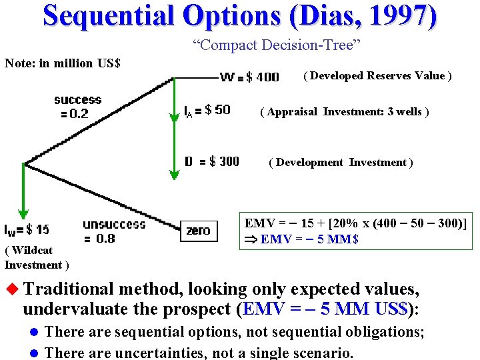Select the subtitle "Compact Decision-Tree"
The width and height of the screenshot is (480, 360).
click(x=277, y=45)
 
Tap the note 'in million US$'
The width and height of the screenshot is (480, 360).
click(x=62, y=63)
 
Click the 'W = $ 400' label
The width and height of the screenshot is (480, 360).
click(x=249, y=77)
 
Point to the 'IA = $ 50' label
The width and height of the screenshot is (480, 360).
click(x=207, y=110)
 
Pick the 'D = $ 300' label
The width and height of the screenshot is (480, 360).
click(x=211, y=161)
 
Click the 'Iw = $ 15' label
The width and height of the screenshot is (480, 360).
click(x=27, y=230)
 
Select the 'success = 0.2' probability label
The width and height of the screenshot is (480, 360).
click(x=77, y=107)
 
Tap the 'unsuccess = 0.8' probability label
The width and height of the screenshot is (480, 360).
click(x=114, y=231)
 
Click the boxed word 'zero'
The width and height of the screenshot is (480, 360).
click(x=199, y=231)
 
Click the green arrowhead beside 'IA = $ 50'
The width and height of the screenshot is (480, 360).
click(x=174, y=117)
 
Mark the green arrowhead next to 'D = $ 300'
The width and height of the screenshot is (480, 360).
click(x=174, y=174)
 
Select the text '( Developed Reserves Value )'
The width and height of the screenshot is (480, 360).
click(x=377, y=76)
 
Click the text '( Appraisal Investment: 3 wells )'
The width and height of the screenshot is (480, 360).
click(x=344, y=112)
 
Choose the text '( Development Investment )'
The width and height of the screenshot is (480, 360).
click(x=341, y=163)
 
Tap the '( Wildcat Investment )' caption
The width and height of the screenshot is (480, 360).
click(x=36, y=257)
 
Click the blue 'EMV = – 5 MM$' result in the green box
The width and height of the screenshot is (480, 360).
click(x=309, y=239)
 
